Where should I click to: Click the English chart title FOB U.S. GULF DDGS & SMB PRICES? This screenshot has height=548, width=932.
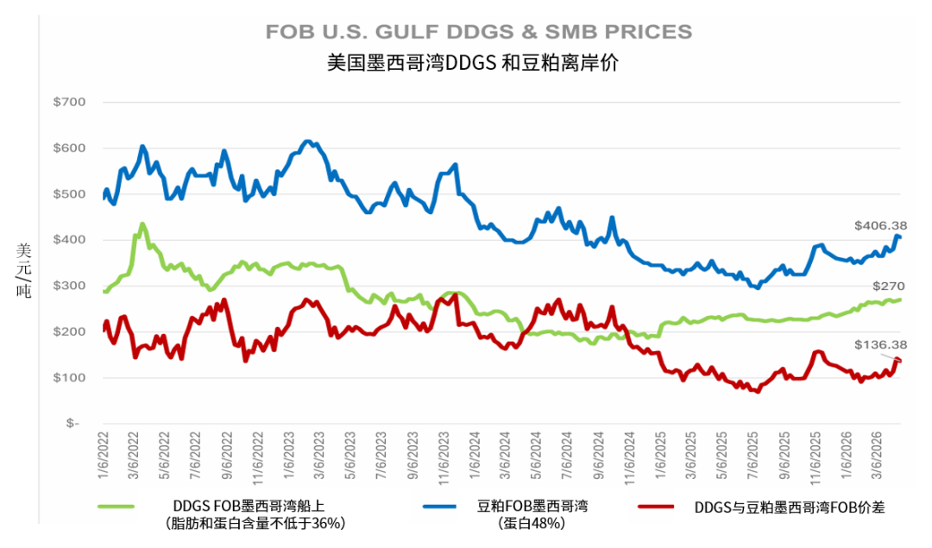coord(478,32)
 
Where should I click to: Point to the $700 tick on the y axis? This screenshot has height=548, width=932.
coord(69,102)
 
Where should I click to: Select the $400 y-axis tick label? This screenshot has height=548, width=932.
coord(69,240)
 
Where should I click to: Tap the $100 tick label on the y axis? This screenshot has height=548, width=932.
coord(69,378)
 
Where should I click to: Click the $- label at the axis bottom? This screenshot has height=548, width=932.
coord(72,424)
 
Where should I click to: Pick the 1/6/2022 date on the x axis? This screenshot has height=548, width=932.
coord(104,457)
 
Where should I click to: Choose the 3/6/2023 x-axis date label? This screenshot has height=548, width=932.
coord(318,457)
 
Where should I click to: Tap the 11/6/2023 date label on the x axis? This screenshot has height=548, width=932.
coord(444,457)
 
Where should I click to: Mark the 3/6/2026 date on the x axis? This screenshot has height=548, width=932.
coord(878,457)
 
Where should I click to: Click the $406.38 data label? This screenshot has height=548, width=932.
coord(880,226)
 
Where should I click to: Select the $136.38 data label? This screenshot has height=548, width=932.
coord(880,344)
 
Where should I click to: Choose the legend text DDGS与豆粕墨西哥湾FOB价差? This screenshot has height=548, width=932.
coord(789,507)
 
